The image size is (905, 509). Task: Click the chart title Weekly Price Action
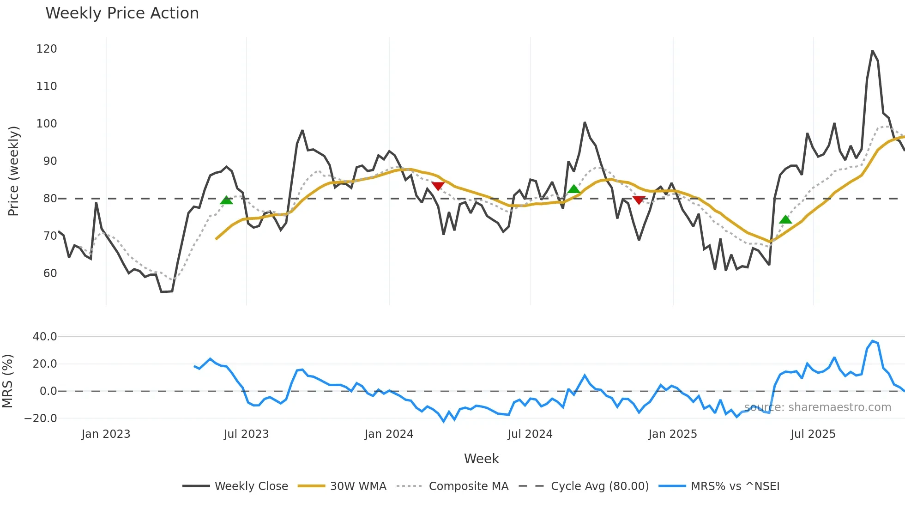click(x=122, y=13)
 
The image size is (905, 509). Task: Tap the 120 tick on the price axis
click(x=47, y=49)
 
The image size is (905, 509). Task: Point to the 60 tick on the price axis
click(x=50, y=273)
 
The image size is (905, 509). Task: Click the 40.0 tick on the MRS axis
click(x=45, y=337)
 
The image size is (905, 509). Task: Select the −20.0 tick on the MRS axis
click(x=41, y=418)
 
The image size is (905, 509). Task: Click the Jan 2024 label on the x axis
click(x=389, y=434)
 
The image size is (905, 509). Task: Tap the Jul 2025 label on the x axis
click(x=813, y=434)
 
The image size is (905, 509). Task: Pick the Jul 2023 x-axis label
click(x=246, y=434)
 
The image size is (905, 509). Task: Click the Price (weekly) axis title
click(x=13, y=171)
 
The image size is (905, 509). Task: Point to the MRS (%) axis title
click(x=7, y=381)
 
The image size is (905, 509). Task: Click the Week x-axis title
click(x=481, y=459)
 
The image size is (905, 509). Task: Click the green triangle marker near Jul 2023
click(x=226, y=200)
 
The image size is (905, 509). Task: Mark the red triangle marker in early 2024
click(x=438, y=186)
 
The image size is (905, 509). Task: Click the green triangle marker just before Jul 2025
click(x=785, y=220)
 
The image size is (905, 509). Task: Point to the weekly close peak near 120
click(x=872, y=51)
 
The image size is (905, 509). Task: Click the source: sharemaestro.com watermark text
click(x=818, y=407)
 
